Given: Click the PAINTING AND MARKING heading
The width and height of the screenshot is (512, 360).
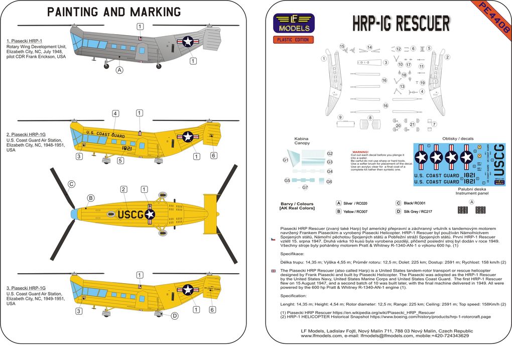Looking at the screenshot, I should pyautogui.click(x=114, y=12).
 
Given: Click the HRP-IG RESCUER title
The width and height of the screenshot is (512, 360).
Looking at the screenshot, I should pyautogui.click(x=401, y=24).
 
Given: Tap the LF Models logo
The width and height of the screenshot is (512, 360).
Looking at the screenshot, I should pyautogui.click(x=294, y=23).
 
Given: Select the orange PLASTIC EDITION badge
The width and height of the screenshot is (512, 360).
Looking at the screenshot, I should pyautogui.click(x=294, y=40).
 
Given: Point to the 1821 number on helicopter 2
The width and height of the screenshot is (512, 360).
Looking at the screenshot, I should pyautogui.click(x=126, y=149).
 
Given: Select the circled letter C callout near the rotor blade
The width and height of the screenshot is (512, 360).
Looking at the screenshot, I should pyautogui.click(x=71, y=184).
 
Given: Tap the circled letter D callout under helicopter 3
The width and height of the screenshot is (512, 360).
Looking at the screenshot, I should pyautogui.click(x=175, y=316).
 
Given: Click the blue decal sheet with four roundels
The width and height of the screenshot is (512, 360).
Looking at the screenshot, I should pyautogui.click(x=459, y=165).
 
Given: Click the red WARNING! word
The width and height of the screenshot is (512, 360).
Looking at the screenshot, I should pyautogui.click(x=361, y=152).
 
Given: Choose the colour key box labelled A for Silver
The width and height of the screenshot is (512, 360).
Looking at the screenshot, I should pyautogui.click(x=339, y=203).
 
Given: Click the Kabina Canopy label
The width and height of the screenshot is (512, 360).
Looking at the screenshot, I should pyautogui.click(x=302, y=141).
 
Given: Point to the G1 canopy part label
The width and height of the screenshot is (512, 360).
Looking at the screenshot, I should pyautogui.click(x=285, y=160).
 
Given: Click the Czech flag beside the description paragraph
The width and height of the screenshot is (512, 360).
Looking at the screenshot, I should pyautogui.click(x=273, y=239).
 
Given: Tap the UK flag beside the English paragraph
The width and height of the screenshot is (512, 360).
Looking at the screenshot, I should pyautogui.click(x=273, y=271).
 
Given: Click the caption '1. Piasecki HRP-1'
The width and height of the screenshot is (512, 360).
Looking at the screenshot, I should pyautogui.click(x=24, y=40).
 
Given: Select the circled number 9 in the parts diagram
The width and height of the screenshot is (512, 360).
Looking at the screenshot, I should pyautogui.click(x=340, y=117).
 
